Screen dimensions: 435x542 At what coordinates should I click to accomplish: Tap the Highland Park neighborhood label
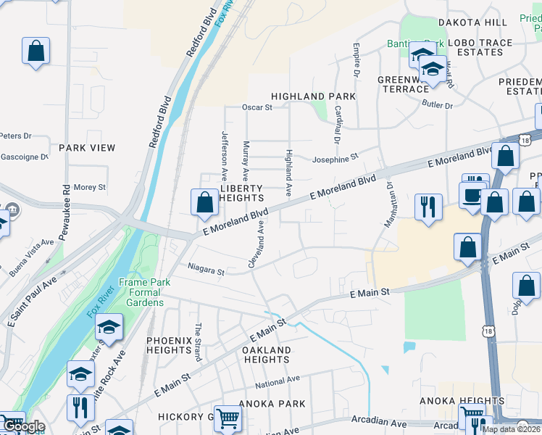(x=313, y=96)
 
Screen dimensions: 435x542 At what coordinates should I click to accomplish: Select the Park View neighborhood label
(x=87, y=148)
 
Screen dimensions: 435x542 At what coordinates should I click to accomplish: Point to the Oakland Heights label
(x=267, y=355)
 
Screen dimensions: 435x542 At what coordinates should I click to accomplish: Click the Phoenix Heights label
(x=169, y=345)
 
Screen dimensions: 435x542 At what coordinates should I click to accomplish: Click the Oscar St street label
(x=257, y=107)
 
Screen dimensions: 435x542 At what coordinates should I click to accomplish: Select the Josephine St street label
(x=335, y=157)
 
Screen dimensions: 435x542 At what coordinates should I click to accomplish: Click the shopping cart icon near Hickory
(x=228, y=418)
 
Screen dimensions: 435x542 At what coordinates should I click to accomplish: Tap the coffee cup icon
(x=472, y=195)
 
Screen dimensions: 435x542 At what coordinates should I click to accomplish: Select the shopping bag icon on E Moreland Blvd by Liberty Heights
(x=205, y=204)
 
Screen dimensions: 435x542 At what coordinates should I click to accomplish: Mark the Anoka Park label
(x=275, y=404)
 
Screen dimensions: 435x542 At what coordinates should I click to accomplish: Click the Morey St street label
(x=90, y=187)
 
